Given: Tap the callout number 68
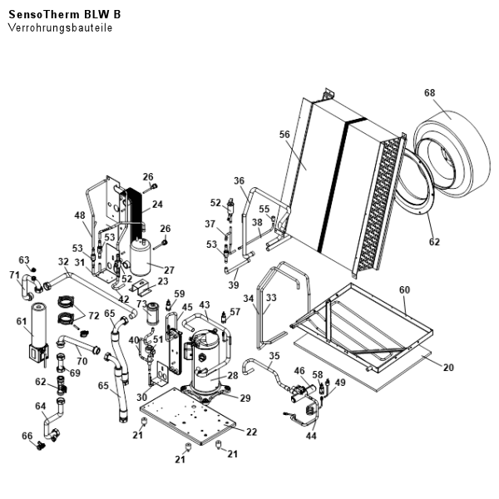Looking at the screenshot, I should point(430,92).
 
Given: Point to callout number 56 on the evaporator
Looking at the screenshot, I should point(284,135).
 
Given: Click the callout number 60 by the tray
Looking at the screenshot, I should point(405,290).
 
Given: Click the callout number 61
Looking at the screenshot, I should point(22,321).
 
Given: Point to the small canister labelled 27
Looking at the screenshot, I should point(141,258).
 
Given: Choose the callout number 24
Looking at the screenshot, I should point(157,204).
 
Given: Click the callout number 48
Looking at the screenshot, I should point(81,216).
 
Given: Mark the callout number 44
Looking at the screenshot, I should point(311,436).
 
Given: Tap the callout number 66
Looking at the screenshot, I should point(27,436).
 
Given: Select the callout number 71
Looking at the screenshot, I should point(15,275).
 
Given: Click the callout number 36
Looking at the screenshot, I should point(240,181).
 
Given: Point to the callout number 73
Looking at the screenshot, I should point(141,304).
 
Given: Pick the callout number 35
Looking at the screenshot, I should point(274,357).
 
